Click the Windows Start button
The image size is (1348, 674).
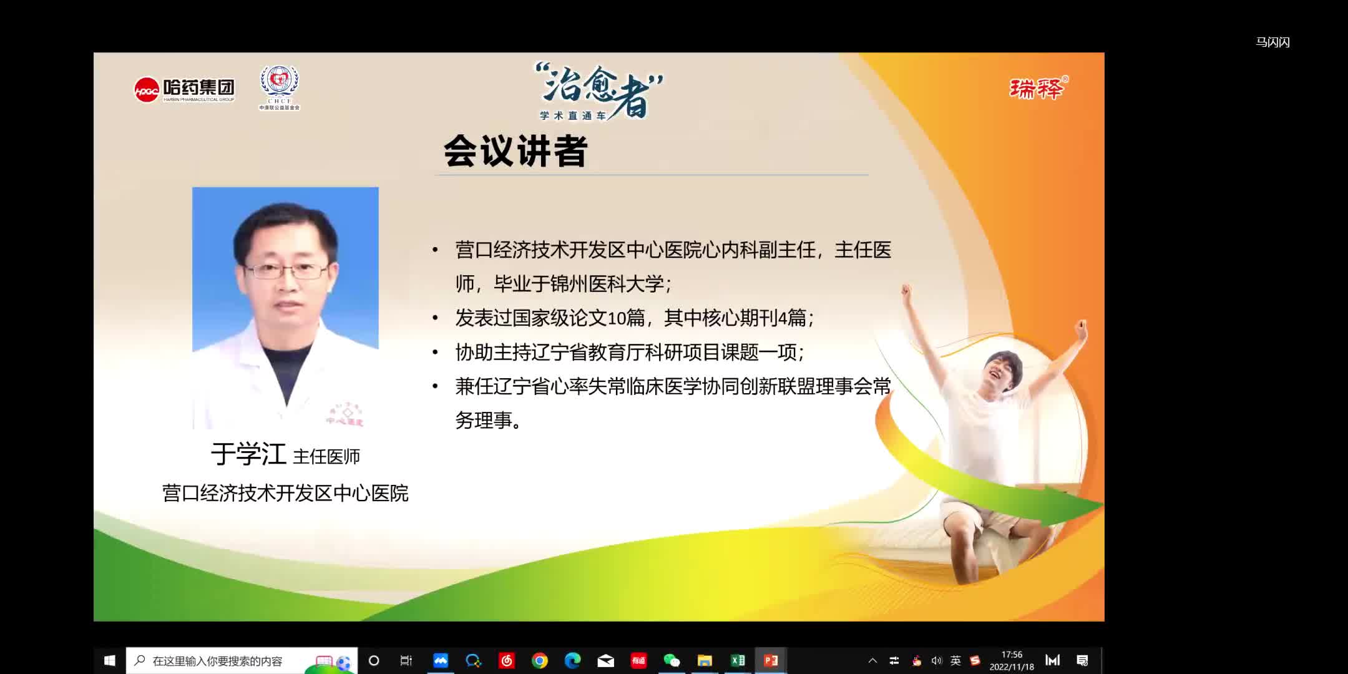[110, 660]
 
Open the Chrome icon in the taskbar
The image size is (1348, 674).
[540, 660]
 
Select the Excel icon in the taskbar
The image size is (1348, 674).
[738, 660]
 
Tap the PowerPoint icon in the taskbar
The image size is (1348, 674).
[771, 660]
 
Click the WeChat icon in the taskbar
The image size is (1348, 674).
[672, 660]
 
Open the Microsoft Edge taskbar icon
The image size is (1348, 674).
[572, 660]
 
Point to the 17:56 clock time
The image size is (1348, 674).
[1012, 655]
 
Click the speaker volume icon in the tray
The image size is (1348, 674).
[936, 661]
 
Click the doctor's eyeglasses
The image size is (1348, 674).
[286, 271]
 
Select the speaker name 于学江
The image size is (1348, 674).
[248, 454]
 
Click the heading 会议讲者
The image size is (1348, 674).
[515, 151]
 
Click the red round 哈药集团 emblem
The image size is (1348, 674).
[146, 90]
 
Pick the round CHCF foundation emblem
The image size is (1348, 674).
[280, 82]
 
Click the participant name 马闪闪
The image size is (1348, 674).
[1272, 42]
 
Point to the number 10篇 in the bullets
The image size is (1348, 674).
[626, 318]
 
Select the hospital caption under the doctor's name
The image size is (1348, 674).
[285, 493]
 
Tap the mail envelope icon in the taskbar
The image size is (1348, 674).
[605, 660]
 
